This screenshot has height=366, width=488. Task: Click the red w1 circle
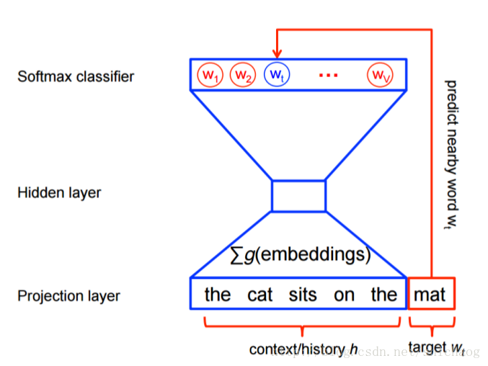(x=210, y=74)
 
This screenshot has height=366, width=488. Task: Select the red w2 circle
(x=243, y=74)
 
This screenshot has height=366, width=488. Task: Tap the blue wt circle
(x=276, y=74)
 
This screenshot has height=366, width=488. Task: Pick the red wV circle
(x=379, y=74)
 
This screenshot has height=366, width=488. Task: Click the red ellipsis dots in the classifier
(x=328, y=74)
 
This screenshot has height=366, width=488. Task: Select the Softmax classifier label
(x=76, y=76)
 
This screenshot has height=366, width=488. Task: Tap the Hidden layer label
(x=59, y=193)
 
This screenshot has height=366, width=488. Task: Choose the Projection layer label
(x=68, y=296)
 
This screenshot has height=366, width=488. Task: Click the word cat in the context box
(x=259, y=295)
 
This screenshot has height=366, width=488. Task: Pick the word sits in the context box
(x=303, y=295)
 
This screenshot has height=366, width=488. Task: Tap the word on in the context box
(x=344, y=295)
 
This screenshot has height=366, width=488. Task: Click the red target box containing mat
(x=431, y=295)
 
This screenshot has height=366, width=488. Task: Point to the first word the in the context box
(x=217, y=295)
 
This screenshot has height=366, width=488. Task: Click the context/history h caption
(x=303, y=349)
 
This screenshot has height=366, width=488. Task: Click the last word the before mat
(x=383, y=295)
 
